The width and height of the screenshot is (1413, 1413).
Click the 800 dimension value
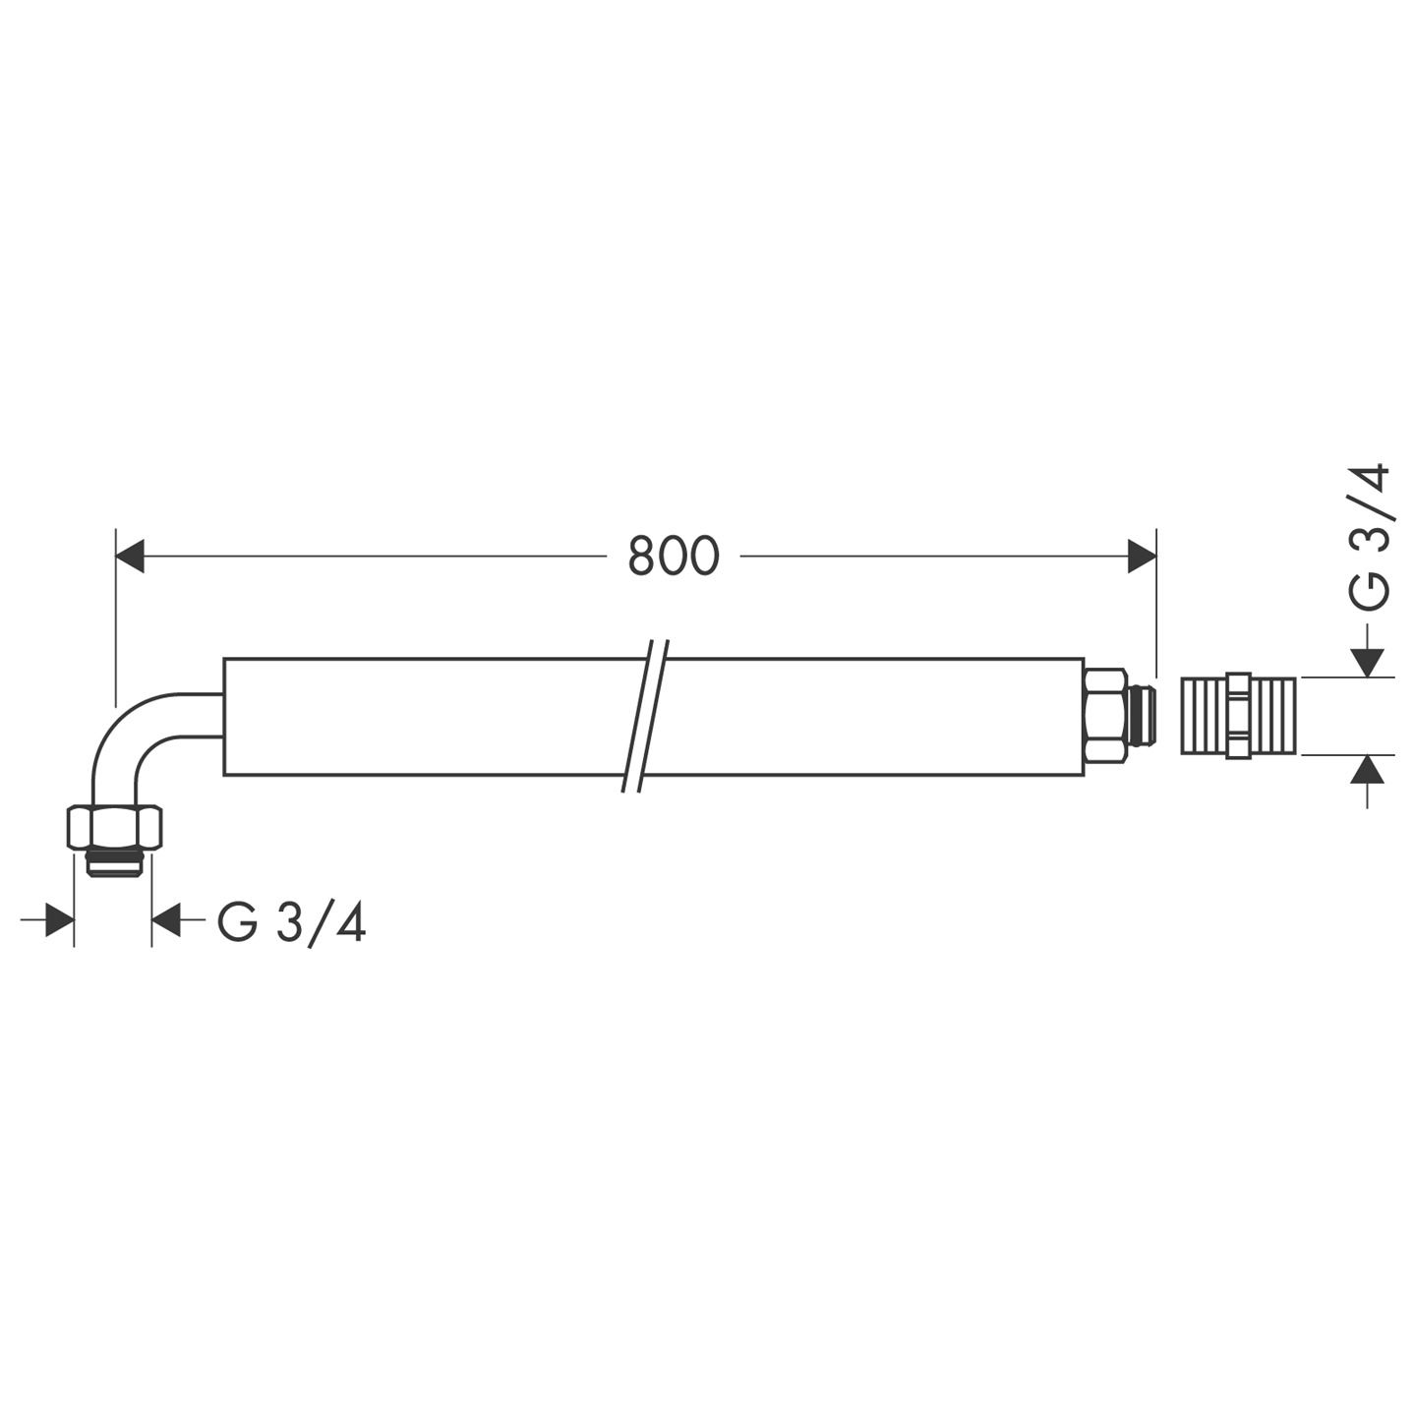674,557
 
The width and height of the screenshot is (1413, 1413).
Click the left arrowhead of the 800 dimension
131,557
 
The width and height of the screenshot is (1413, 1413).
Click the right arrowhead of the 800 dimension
1141,557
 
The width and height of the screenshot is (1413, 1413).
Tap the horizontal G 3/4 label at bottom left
291,923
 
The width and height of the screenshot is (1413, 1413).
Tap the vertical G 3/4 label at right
1369,538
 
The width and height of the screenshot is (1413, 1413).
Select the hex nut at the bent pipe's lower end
114,827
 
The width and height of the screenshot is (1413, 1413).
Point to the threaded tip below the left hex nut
115,862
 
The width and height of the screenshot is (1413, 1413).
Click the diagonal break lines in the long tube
646,716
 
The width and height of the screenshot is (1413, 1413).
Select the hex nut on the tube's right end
1105,716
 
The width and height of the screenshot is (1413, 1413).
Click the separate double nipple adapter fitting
1238,716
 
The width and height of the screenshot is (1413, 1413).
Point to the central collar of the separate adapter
1239,716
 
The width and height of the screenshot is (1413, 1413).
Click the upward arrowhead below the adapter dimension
1367,770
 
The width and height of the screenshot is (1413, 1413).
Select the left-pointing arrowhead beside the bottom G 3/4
166,922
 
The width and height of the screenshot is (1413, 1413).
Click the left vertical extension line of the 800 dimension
116,619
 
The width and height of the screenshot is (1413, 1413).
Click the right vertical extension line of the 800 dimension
1156,600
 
